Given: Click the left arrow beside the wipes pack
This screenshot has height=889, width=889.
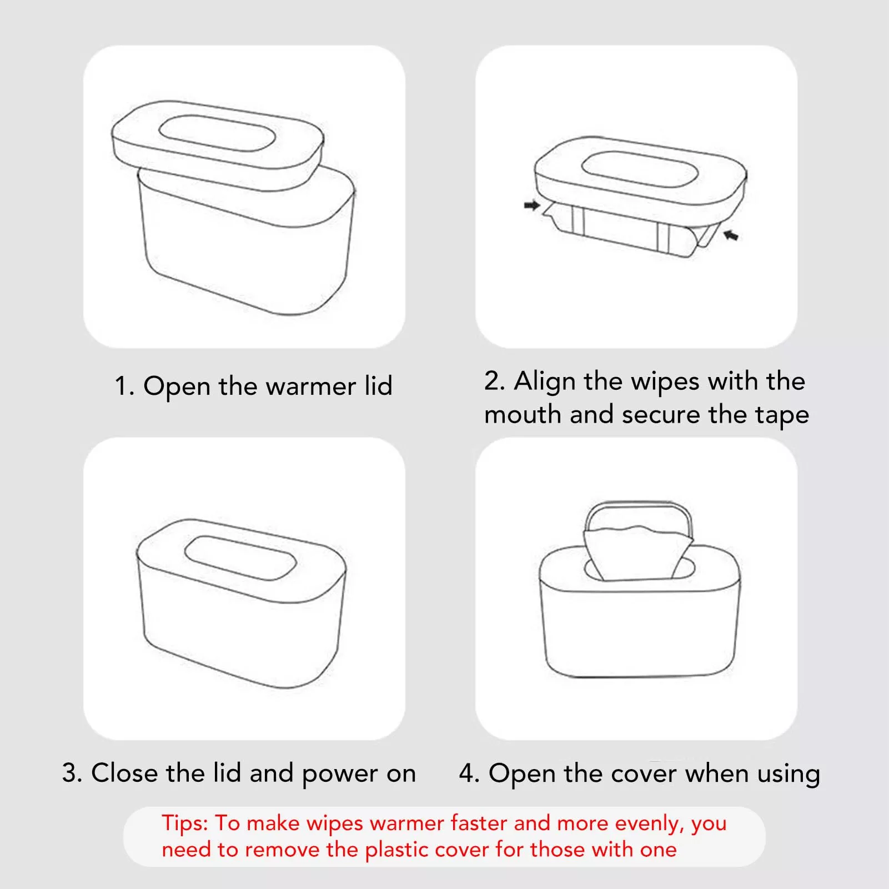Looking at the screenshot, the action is point(532,205).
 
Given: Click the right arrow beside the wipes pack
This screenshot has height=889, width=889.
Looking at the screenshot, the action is point(731,236).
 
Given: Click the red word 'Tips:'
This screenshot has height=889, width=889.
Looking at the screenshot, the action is point(185,823).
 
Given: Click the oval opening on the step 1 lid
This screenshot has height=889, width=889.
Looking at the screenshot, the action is point(217,134).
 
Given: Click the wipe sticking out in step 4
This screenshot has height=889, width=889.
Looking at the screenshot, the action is point(637,553).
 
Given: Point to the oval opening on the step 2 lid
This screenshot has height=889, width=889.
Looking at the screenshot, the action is point(640,169).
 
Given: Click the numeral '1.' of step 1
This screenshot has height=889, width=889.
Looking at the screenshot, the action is point(124,386).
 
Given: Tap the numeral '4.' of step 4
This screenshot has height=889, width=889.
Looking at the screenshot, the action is point(470,774).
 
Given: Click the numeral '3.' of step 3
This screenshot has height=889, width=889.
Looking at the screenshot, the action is point(72,774).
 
